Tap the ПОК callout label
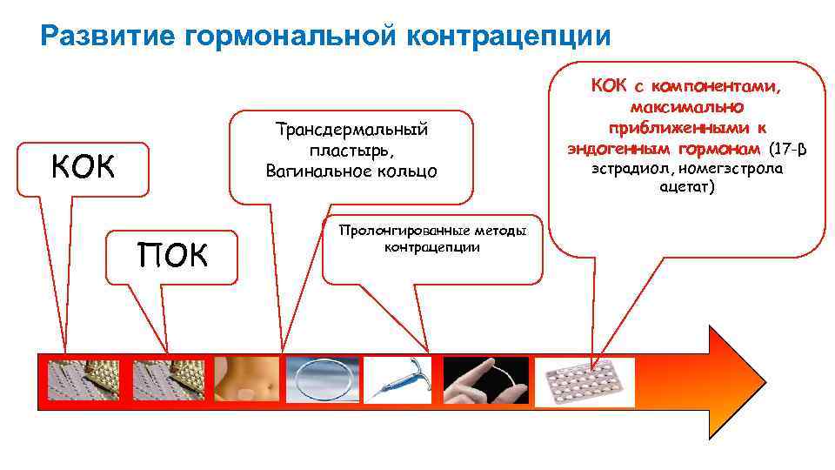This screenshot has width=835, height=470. [x=172, y=256]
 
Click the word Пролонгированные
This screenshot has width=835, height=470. [x=405, y=231]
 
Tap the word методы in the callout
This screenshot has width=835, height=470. [x=500, y=231]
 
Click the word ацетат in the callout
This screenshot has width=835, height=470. [x=685, y=187]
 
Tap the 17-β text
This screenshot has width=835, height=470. [x=790, y=148]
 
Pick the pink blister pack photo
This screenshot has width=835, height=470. [x=584, y=380]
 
